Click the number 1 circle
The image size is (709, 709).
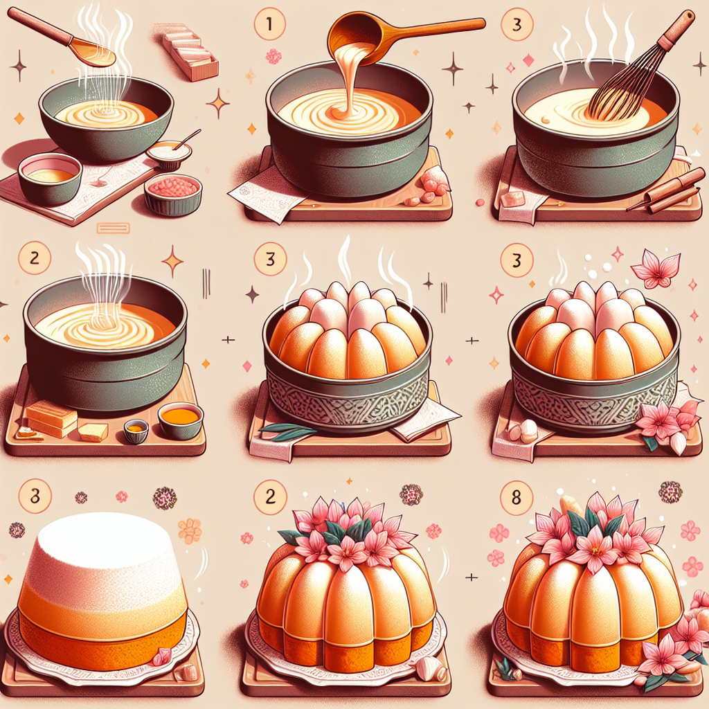click(270, 24)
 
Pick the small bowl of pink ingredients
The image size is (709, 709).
click(173, 194)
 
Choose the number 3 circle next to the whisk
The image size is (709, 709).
click(517, 24)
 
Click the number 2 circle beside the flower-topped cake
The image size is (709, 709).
click(270, 496)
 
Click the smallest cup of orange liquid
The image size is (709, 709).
click(136, 430)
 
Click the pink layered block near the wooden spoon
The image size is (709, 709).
click(190, 55)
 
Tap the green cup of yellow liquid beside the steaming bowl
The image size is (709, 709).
click(50, 178)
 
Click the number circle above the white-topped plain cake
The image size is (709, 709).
click(35, 496)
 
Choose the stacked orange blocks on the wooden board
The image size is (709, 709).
click(51, 419)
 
